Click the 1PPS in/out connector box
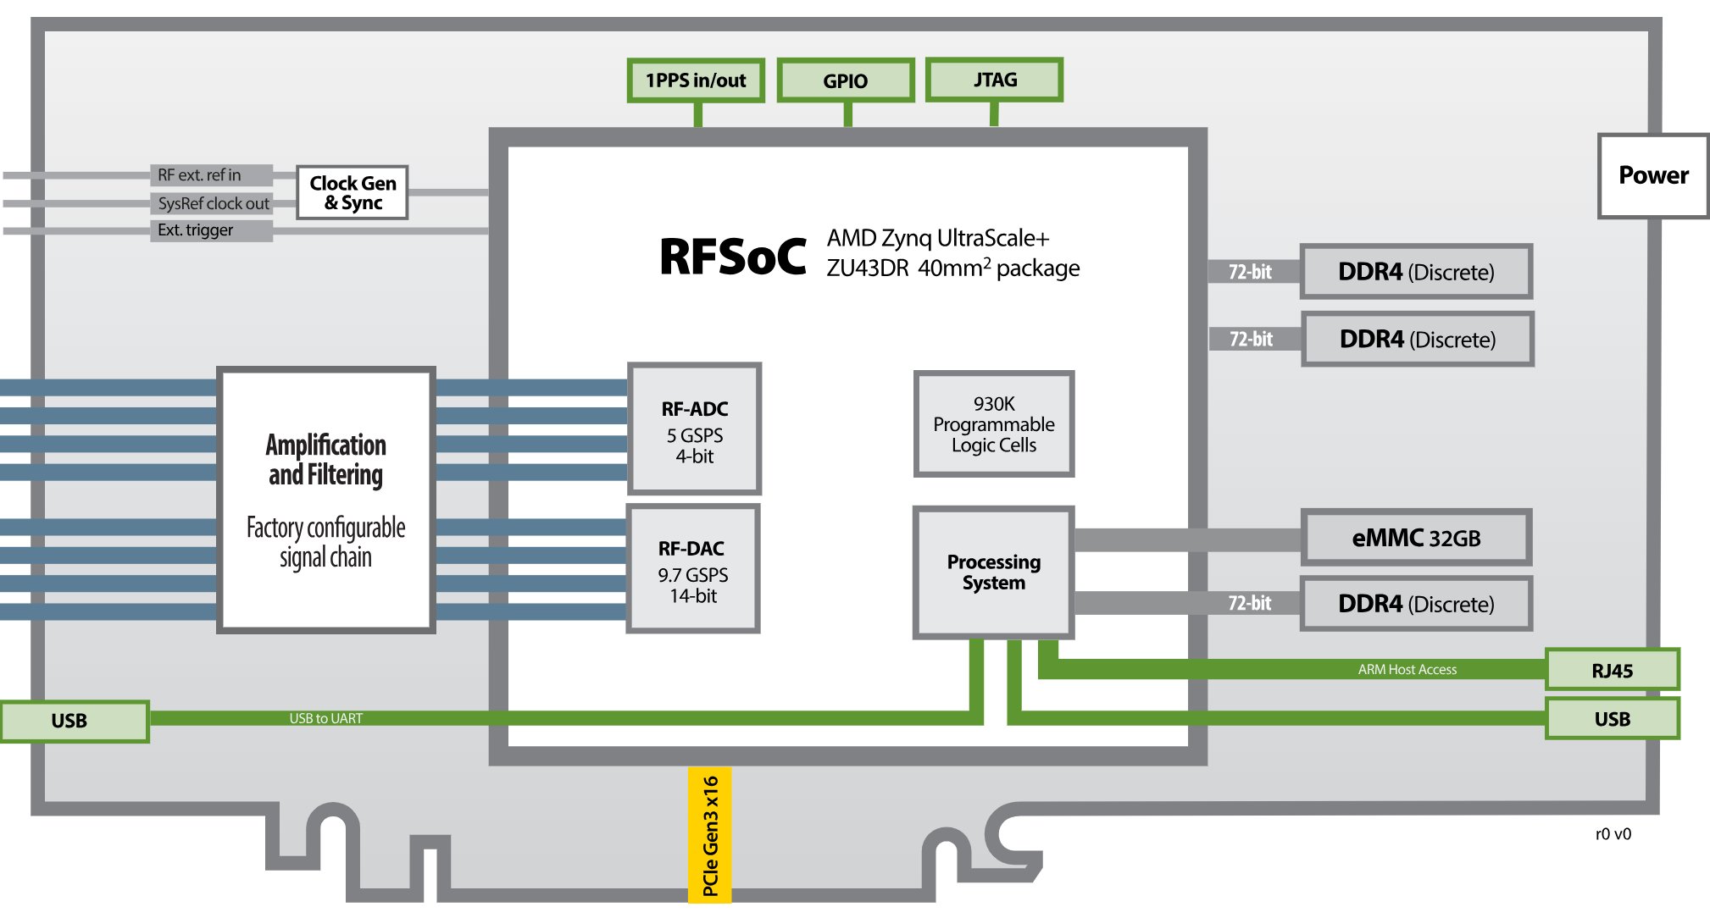[696, 80]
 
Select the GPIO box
[846, 80]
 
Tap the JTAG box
[994, 80]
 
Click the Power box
[1652, 175]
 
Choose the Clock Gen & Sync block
[353, 193]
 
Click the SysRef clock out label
[213, 203]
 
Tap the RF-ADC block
[694, 429]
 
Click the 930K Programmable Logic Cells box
[994, 424]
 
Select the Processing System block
[993, 572]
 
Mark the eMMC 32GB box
[1416, 538]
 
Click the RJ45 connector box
[1612, 671]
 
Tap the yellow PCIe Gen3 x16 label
[710, 835]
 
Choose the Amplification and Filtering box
[326, 500]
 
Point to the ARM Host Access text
[1407, 670]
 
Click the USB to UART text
[326, 718]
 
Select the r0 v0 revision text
[1613, 834]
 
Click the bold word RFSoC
[733, 257]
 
